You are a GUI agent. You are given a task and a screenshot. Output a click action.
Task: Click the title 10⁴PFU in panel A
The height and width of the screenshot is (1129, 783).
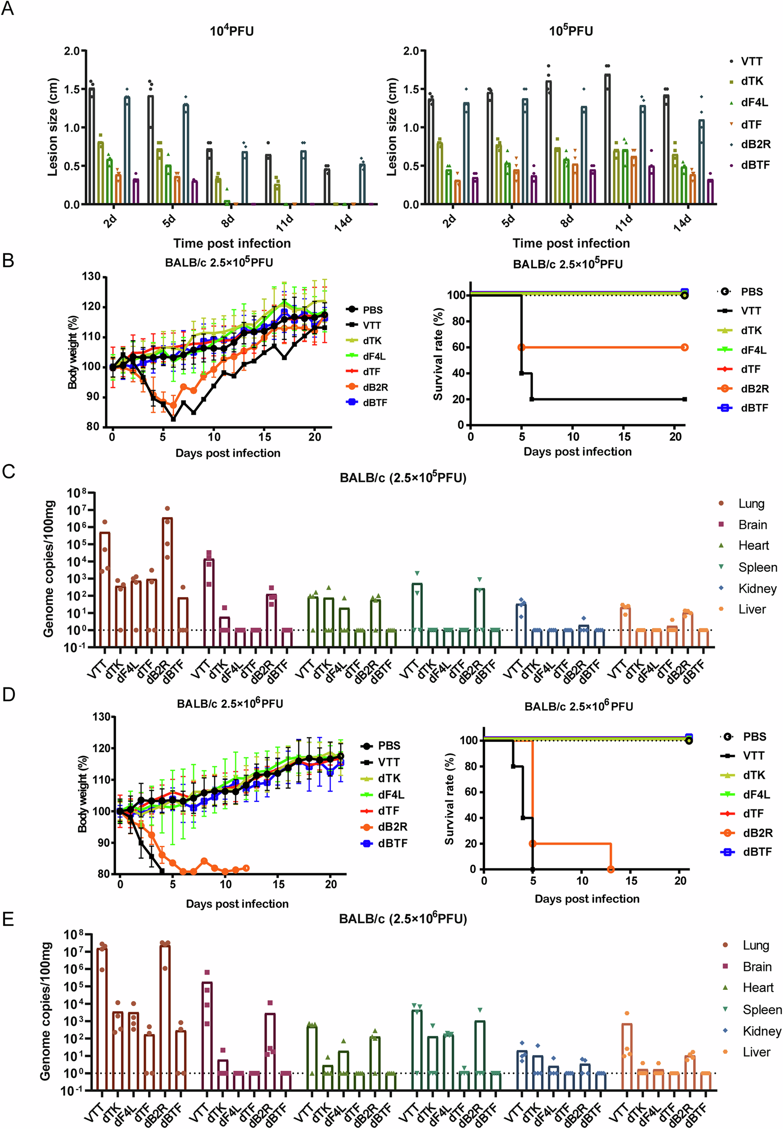(x=232, y=31)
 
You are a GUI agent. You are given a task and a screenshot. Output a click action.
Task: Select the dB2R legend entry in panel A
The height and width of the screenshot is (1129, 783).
(x=755, y=145)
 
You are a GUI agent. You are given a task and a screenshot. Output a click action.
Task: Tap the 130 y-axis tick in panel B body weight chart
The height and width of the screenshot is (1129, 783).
(x=91, y=276)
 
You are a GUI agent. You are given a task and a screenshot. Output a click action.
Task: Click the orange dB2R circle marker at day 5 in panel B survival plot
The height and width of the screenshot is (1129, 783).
(x=522, y=347)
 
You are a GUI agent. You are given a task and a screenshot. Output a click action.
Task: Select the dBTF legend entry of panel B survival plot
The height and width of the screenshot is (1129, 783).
(x=754, y=408)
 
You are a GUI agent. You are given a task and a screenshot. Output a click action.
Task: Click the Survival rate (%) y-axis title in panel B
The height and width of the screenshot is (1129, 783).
(x=438, y=354)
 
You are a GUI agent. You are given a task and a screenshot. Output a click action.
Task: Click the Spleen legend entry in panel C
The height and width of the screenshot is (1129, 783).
(x=757, y=568)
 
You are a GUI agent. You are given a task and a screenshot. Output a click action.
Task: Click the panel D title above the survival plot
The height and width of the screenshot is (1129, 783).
(x=579, y=707)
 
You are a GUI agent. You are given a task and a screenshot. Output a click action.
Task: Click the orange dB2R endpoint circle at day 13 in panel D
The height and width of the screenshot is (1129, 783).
(x=611, y=869)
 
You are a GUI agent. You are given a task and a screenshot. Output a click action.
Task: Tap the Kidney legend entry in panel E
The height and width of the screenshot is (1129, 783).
(x=761, y=1031)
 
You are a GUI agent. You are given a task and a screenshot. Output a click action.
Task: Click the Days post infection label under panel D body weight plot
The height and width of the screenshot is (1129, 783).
(x=237, y=904)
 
